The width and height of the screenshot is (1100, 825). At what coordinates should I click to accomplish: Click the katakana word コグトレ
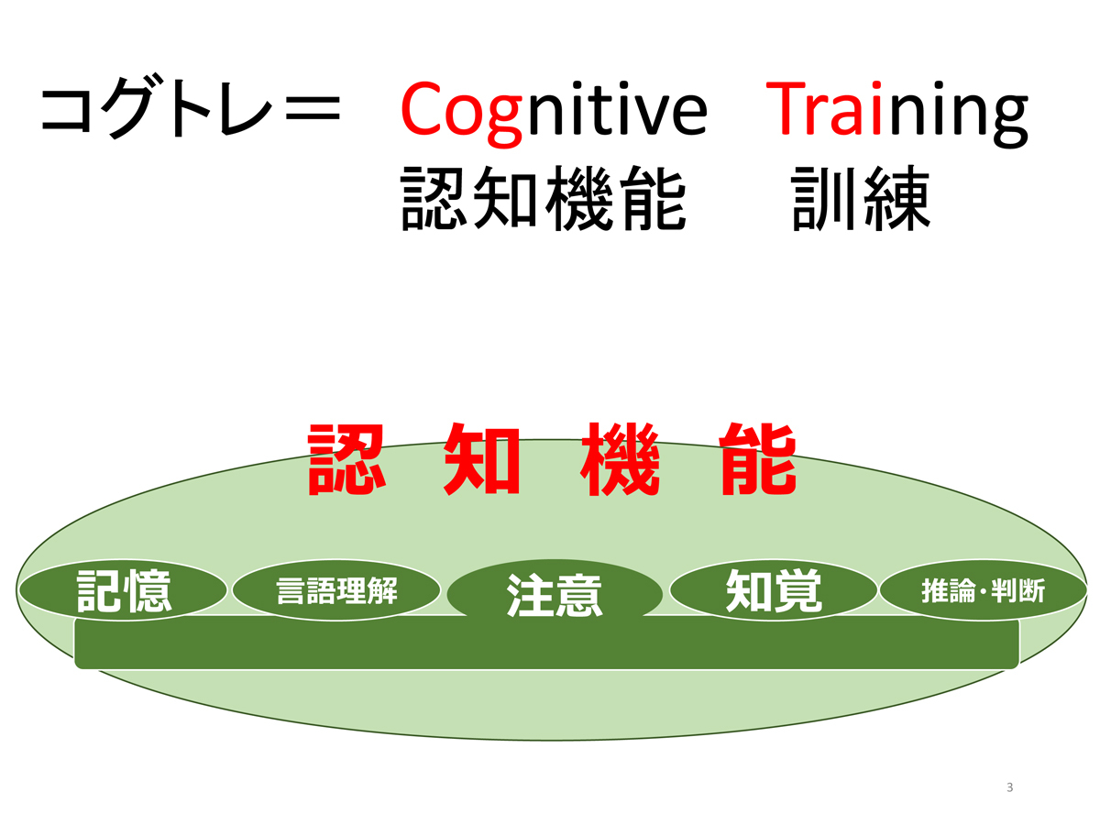point(157,106)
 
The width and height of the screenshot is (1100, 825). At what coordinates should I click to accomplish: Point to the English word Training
point(897,114)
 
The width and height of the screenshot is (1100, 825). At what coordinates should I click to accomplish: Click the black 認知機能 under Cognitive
point(544,199)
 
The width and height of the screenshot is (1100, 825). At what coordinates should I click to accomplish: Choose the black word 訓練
point(861,199)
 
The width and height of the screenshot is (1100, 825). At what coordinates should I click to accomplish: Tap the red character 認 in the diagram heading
point(346,459)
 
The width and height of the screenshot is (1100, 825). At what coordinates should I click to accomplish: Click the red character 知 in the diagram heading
point(481,459)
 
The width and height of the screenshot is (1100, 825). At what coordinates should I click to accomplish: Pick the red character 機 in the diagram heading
point(620,459)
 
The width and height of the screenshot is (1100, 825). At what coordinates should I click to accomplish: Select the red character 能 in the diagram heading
point(758,459)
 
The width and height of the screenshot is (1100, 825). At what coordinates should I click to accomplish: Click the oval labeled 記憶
point(123,590)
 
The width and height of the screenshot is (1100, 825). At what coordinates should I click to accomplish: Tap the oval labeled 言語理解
point(336,590)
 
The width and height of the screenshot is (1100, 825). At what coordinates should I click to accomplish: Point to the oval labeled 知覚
point(774,590)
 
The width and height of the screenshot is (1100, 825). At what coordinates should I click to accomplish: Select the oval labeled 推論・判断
point(984,590)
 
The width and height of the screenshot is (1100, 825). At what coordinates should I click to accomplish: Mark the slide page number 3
point(1010,787)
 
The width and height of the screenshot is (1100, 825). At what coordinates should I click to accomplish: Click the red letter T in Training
point(786,109)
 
